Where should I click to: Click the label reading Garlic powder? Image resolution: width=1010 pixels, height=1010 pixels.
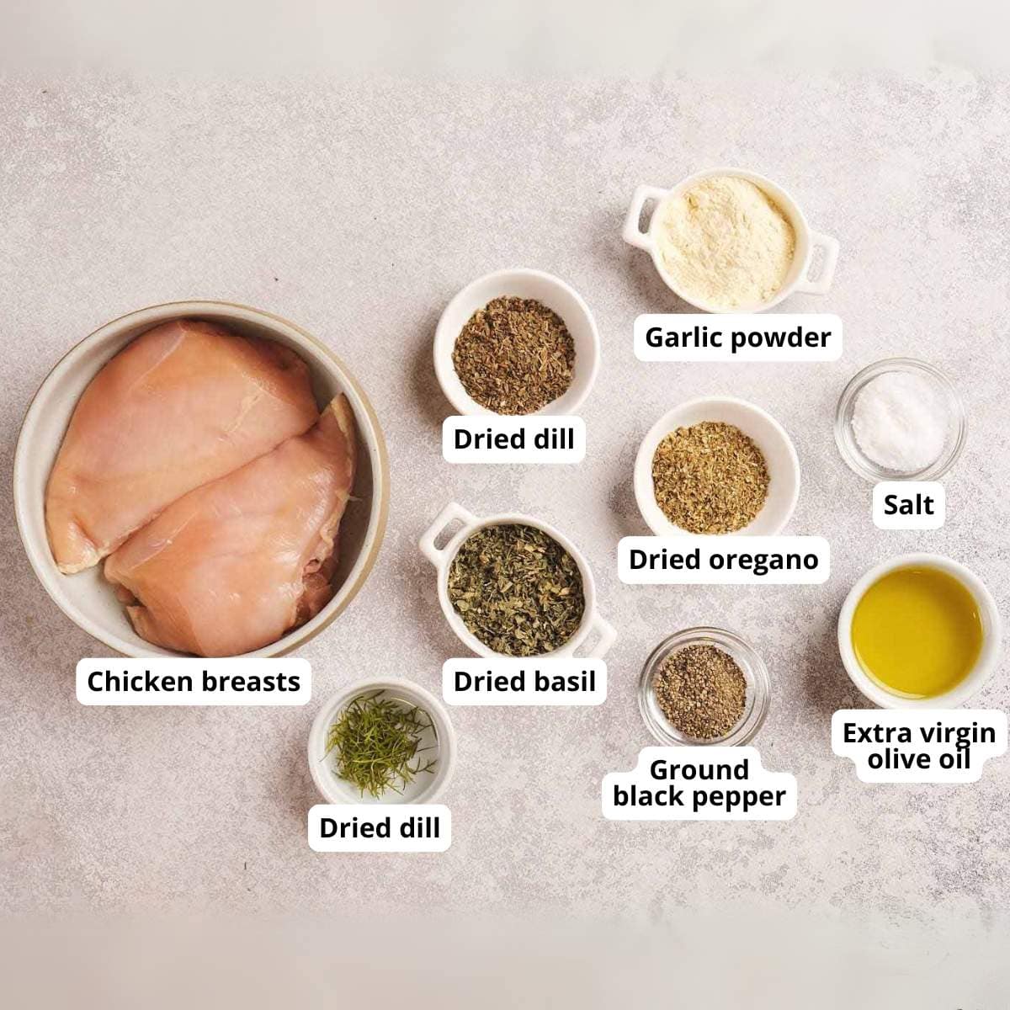pyautogui.click(x=737, y=338)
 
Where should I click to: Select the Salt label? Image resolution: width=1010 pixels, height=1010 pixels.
pyautogui.click(x=908, y=505)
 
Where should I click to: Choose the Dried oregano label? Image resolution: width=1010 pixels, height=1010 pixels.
pyautogui.click(x=723, y=560)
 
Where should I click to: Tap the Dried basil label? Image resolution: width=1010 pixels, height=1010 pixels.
pyautogui.click(x=524, y=682)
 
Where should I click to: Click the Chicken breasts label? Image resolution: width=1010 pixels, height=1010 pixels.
pyautogui.click(x=194, y=681)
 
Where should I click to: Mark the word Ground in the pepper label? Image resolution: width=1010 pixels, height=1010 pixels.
pyautogui.click(x=699, y=769)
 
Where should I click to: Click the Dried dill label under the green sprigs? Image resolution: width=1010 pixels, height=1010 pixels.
pyautogui.click(x=380, y=828)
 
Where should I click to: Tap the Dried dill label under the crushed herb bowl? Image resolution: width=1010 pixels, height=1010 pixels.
pyautogui.click(x=513, y=439)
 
